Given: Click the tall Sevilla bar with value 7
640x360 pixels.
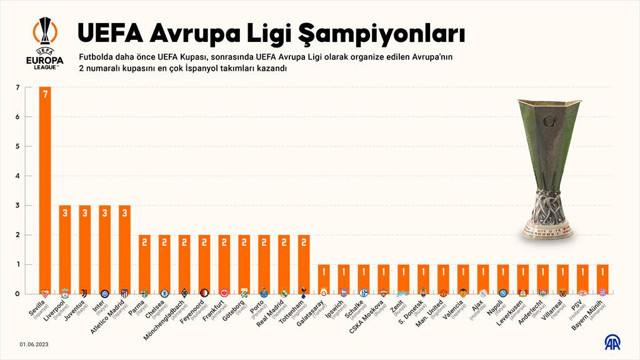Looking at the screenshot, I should click(45, 190).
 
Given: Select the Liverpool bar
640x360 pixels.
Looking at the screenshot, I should click(65, 249).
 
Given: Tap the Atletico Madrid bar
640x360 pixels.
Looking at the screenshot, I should click(124, 249).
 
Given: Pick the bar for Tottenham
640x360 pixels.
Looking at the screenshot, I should click(303, 264).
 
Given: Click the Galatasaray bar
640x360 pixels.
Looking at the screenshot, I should click(323, 279).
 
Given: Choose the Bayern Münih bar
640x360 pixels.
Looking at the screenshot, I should click(602, 279).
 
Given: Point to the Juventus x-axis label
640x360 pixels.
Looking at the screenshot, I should click(79, 312).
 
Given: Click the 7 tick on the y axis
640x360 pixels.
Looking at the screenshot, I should click(17, 87).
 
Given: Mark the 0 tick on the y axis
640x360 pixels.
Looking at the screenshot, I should click(17, 294).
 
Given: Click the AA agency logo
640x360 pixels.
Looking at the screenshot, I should click(610, 343).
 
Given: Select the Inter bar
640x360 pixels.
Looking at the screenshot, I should click(105, 249).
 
